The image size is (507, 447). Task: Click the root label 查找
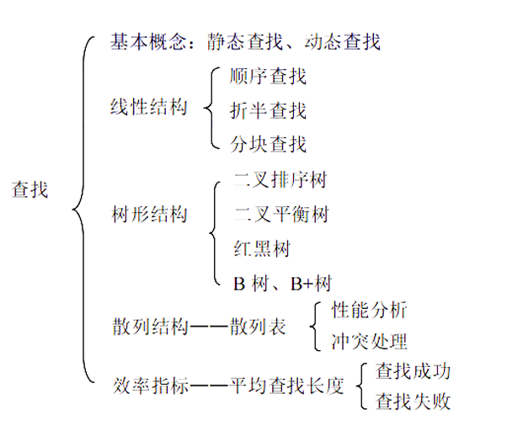pos(30,190)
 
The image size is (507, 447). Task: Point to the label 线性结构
pos(148,109)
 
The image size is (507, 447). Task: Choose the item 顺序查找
pos(268,77)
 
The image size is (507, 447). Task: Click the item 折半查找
pos(268,110)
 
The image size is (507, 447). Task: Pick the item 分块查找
pos(268,144)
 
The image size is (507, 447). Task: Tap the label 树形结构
pos(148,215)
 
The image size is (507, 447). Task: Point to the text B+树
pos(311,283)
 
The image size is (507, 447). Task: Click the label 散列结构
pos(148,327)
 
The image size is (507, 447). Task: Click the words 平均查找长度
pos(287,386)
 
